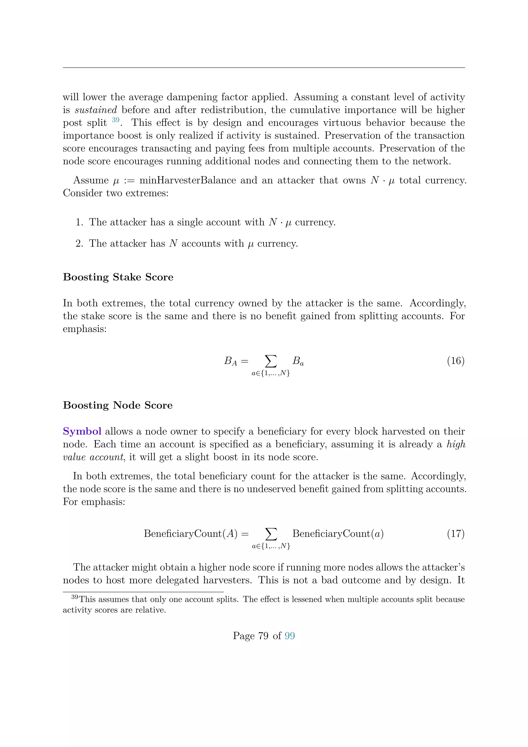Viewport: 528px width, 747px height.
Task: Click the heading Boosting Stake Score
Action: [x=118, y=277]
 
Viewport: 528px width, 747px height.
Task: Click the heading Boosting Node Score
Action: [x=118, y=405]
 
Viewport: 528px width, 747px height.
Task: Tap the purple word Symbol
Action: [x=82, y=432]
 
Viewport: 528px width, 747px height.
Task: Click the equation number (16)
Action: [x=456, y=361]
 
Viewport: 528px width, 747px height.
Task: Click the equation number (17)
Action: [x=456, y=534]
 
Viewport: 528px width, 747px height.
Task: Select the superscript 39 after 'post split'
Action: [x=115, y=120]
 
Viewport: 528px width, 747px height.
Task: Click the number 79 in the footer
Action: [x=263, y=636]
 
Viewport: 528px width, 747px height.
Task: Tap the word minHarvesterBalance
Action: [x=188, y=180]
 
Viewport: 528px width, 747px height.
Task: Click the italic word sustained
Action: [x=96, y=110]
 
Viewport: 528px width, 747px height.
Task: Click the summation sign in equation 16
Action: [x=271, y=361]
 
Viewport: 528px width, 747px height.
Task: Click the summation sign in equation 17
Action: [x=271, y=534]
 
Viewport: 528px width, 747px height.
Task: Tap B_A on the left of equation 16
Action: [x=230, y=361]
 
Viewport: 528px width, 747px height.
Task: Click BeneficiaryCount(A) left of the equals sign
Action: [x=191, y=534]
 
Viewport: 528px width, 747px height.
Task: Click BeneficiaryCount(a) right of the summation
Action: [x=338, y=534]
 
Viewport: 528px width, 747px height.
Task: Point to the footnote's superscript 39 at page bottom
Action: [x=75, y=597]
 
